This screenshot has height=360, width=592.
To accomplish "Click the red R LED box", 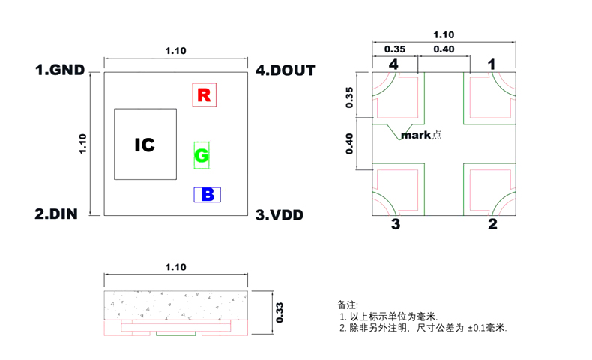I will click(x=204, y=94).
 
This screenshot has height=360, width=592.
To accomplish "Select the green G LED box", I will click(x=202, y=155).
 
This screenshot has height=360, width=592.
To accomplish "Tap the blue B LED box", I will click(x=207, y=195).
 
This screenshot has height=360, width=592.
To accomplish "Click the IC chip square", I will click(x=145, y=145).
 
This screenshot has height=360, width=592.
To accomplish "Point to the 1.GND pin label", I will click(x=60, y=70).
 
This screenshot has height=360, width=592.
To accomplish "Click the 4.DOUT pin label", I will click(x=286, y=70).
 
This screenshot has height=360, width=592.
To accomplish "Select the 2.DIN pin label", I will click(x=56, y=214).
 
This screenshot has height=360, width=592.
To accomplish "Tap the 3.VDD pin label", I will click(x=280, y=215).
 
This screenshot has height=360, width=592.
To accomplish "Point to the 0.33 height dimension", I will click(x=279, y=311).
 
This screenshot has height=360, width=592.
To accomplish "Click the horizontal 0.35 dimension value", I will click(x=395, y=49).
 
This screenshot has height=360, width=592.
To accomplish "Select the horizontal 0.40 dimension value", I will click(x=443, y=49).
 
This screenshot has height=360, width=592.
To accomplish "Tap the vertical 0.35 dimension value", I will click(x=349, y=97).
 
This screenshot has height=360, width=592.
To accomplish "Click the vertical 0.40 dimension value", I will click(x=349, y=143).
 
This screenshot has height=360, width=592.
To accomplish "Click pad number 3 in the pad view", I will click(x=395, y=224).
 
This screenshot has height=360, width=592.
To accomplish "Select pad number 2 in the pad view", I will click(x=492, y=224).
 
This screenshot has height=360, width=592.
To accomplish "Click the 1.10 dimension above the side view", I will click(x=175, y=267).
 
